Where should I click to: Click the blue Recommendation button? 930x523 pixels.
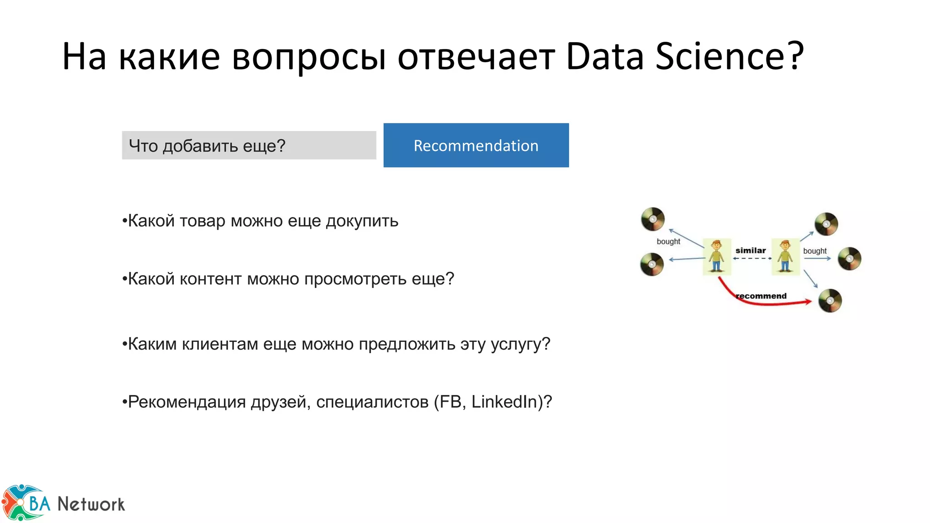point(476,145)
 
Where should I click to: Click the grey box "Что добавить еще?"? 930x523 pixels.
point(249,145)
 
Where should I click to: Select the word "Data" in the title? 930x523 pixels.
point(605,56)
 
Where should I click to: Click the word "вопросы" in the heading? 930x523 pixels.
point(309,57)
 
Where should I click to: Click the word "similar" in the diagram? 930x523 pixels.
point(750,251)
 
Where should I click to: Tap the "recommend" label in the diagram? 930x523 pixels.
point(762,296)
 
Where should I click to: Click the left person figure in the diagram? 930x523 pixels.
point(717,257)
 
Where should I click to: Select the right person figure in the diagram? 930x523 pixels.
point(785,257)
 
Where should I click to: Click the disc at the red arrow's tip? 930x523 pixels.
point(830,301)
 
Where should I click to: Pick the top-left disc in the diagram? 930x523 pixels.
point(653,219)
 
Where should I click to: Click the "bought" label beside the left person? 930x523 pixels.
point(668,242)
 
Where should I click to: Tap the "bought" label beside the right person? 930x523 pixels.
point(815,251)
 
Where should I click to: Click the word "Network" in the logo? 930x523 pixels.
point(91,504)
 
